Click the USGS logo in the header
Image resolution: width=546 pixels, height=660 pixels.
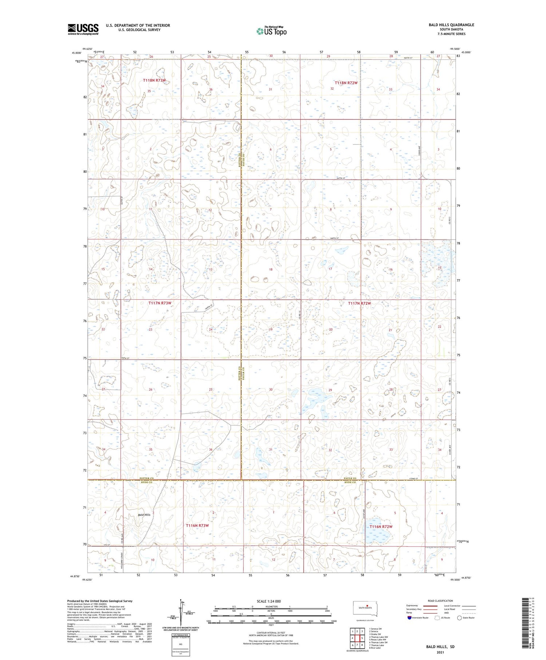click(83, 29)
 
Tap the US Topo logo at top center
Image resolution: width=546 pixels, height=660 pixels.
click(272, 31)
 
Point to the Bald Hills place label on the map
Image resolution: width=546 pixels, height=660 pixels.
click(144, 515)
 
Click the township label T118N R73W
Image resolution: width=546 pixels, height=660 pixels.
click(154, 80)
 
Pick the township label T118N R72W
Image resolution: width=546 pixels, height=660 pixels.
click(346, 83)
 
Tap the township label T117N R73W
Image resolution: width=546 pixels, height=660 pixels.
click(159, 303)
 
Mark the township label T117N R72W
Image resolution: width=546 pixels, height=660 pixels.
click(359, 303)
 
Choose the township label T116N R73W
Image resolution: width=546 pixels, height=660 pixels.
click(197, 526)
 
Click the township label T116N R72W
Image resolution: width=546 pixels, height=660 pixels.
click(381, 527)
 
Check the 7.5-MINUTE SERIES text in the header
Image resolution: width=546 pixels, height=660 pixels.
click(452, 34)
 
